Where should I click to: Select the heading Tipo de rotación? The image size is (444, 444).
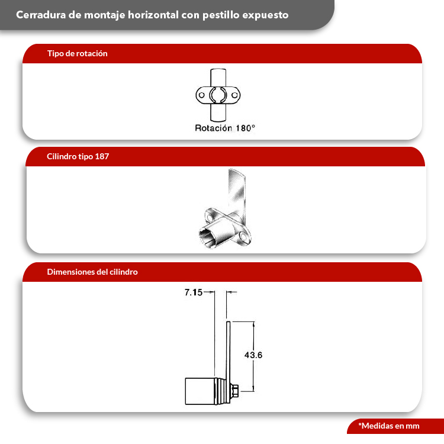click(77, 53)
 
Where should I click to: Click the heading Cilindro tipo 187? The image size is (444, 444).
click(78, 157)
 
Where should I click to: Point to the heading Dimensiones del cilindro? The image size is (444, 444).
click(92, 272)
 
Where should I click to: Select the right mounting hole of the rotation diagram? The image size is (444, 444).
click(235, 94)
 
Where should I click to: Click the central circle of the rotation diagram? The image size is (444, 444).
click(218, 94)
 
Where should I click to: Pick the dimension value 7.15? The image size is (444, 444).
click(194, 292)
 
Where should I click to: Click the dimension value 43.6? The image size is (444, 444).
click(253, 355)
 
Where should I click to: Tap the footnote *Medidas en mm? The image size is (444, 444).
click(388, 426)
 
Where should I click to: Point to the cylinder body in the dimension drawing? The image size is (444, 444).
click(201, 391)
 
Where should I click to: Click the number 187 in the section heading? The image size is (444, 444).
click(102, 157)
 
